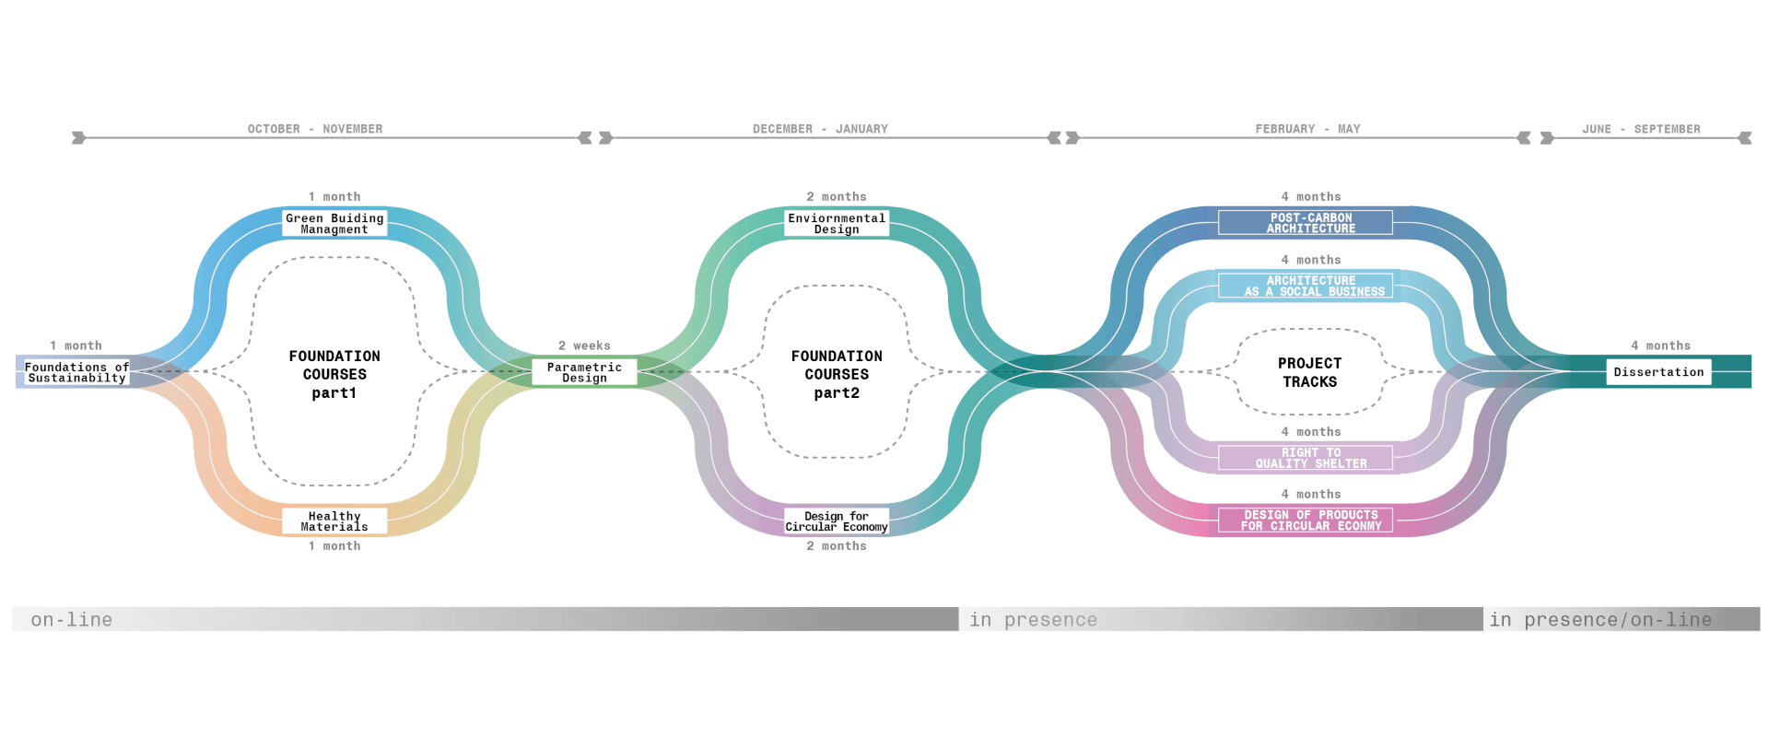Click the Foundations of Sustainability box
76,372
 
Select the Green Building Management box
334,224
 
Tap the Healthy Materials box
334,521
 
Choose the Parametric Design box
584,372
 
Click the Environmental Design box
837,224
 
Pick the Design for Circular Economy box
837,521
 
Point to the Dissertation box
1658,372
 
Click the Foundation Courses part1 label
334,374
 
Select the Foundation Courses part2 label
837,374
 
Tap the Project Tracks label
1309,372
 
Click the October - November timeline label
315,129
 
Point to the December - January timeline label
820,129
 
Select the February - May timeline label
1307,129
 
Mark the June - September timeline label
1641,129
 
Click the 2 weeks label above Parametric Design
584,345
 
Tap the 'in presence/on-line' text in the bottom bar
1600,620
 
